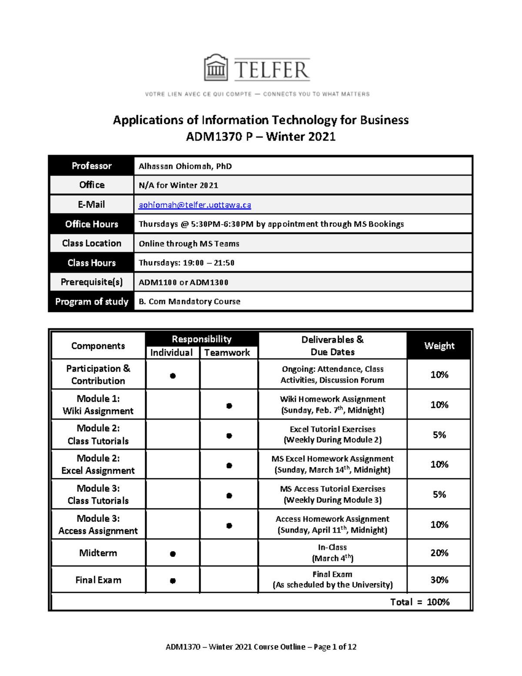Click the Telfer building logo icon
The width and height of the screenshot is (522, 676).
pyautogui.click(x=216, y=68)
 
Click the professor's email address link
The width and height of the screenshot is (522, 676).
pyautogui.click(x=194, y=205)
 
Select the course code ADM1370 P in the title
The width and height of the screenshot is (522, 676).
pyautogui.click(x=219, y=137)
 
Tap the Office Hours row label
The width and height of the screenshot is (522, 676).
pyautogui.click(x=91, y=224)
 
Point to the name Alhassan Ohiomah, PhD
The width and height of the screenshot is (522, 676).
pyautogui.click(x=185, y=166)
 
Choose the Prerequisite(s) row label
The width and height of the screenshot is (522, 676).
pyautogui.click(x=91, y=282)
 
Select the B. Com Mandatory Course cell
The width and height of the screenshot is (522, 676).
pyautogui.click(x=189, y=302)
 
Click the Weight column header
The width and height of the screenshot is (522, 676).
pyautogui.click(x=439, y=346)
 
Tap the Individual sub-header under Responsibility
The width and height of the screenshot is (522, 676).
pyautogui.click(x=171, y=353)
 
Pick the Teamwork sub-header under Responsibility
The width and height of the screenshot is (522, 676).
pyautogui.click(x=227, y=353)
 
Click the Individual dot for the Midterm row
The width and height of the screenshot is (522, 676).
pyautogui.click(x=173, y=554)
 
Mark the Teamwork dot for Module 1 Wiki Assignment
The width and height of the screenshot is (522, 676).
pyautogui.click(x=229, y=406)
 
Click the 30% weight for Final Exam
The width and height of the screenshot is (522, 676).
pyautogui.click(x=439, y=580)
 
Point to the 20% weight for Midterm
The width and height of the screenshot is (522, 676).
pyautogui.click(x=439, y=553)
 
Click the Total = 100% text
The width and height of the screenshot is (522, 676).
pyautogui.click(x=420, y=602)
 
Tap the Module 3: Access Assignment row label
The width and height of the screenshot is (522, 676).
pyautogui.click(x=98, y=525)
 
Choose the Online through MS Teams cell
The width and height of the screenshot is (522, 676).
pyautogui.click(x=189, y=244)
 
